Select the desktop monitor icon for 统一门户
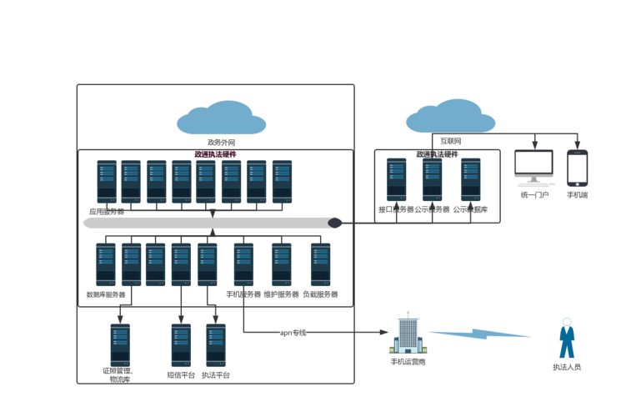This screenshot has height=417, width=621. click(533, 167)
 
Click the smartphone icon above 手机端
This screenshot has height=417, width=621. click(577, 168)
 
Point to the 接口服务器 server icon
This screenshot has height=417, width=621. click(396, 180)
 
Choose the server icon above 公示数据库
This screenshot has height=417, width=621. click(471, 180)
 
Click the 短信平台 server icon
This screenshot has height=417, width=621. click(181, 345)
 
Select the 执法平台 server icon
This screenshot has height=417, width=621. click(215, 345)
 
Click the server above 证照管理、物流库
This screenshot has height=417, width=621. click(120, 345)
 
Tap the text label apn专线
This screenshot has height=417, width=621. click(293, 333)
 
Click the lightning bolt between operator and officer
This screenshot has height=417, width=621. click(481, 334)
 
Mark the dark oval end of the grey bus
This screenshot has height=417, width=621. click(334, 223)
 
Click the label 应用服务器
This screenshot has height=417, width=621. click(107, 212)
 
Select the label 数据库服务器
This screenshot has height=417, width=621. click(106, 294)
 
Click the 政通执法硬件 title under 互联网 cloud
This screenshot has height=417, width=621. click(437, 154)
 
